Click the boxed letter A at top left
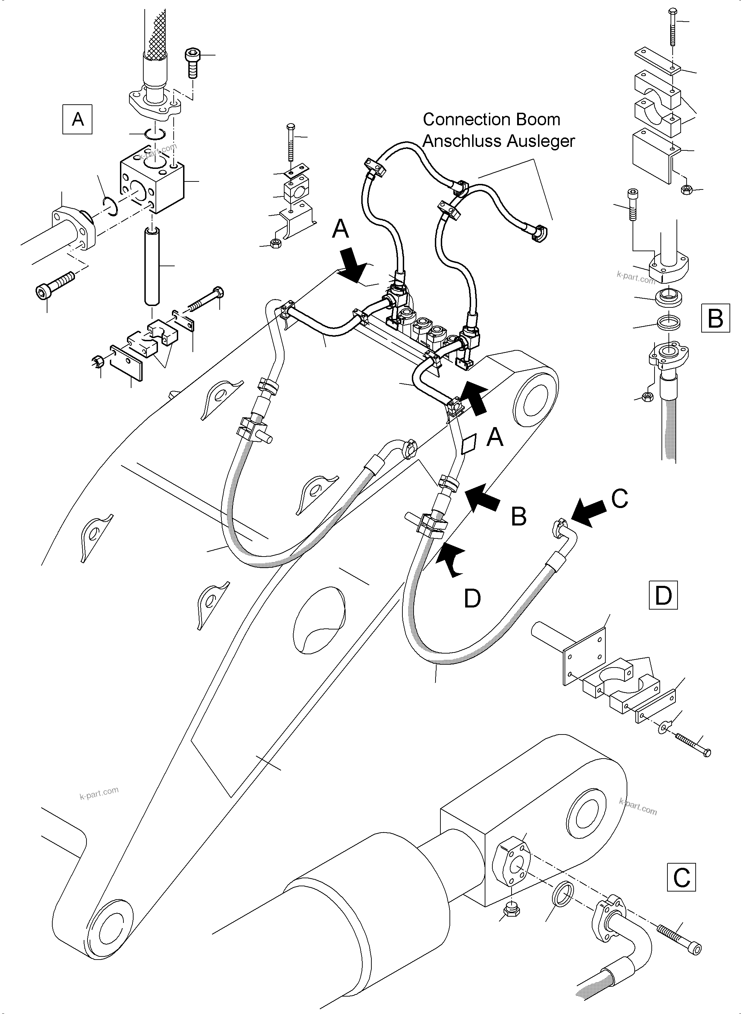click(x=77, y=119)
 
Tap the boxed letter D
click(x=663, y=595)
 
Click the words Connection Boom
click(x=492, y=119)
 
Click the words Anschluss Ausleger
click(x=498, y=141)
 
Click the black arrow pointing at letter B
click(x=483, y=497)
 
